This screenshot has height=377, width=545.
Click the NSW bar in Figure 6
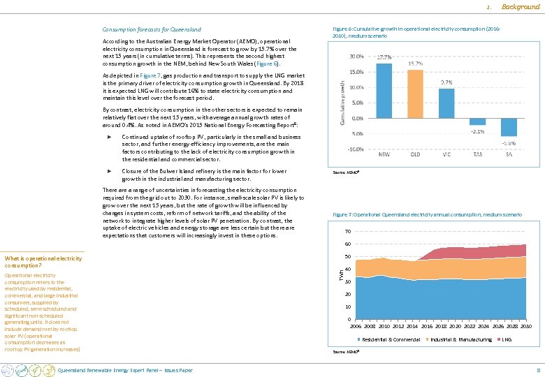384,90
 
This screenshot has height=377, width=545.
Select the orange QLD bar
415,94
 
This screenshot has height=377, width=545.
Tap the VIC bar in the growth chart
446,103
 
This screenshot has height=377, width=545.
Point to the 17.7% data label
384,58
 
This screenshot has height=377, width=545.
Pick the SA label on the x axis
509,154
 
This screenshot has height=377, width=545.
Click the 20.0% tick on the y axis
356,57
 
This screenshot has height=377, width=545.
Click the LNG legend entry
508,339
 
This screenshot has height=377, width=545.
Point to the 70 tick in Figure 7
347,232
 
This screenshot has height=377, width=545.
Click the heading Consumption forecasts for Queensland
152,29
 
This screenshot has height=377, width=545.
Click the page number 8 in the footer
537,370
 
